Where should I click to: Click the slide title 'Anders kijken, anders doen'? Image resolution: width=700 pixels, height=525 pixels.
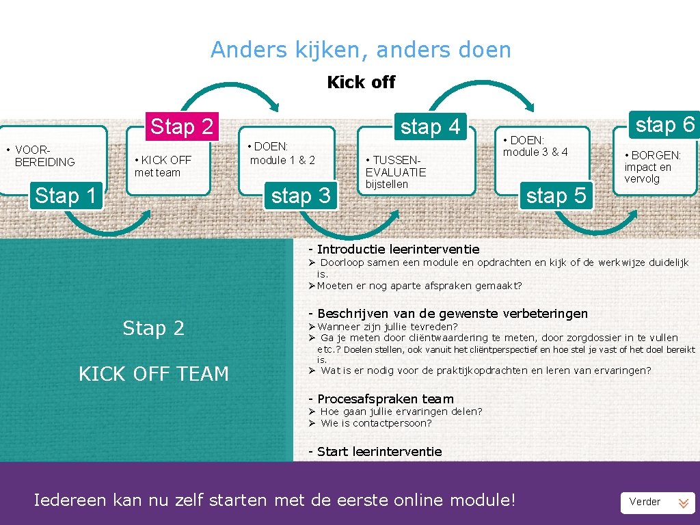(x=360, y=50)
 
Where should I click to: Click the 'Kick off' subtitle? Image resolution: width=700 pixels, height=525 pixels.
(x=361, y=83)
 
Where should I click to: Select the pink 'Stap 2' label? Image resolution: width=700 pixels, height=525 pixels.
(x=181, y=126)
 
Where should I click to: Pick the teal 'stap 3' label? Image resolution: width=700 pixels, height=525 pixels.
(x=301, y=196)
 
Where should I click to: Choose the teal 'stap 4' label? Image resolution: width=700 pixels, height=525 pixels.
(x=430, y=127)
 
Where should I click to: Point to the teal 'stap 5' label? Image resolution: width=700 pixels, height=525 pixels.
(x=556, y=196)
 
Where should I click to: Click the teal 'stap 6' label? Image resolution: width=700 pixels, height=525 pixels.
(x=664, y=124)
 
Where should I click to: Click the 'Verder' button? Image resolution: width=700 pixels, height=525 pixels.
(x=657, y=502)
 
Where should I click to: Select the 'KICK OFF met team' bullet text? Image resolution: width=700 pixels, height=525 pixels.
(x=163, y=166)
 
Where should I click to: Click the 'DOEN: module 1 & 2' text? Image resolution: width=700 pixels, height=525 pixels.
(x=282, y=153)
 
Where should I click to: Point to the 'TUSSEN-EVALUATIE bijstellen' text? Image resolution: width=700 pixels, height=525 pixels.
(x=395, y=172)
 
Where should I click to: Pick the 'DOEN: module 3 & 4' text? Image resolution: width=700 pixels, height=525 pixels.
(x=535, y=146)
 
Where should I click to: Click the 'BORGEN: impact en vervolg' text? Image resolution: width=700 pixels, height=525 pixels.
(x=652, y=167)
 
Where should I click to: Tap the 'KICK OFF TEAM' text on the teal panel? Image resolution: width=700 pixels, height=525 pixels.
(x=154, y=374)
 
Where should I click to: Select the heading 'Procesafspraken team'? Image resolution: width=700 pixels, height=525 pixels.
(x=385, y=399)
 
